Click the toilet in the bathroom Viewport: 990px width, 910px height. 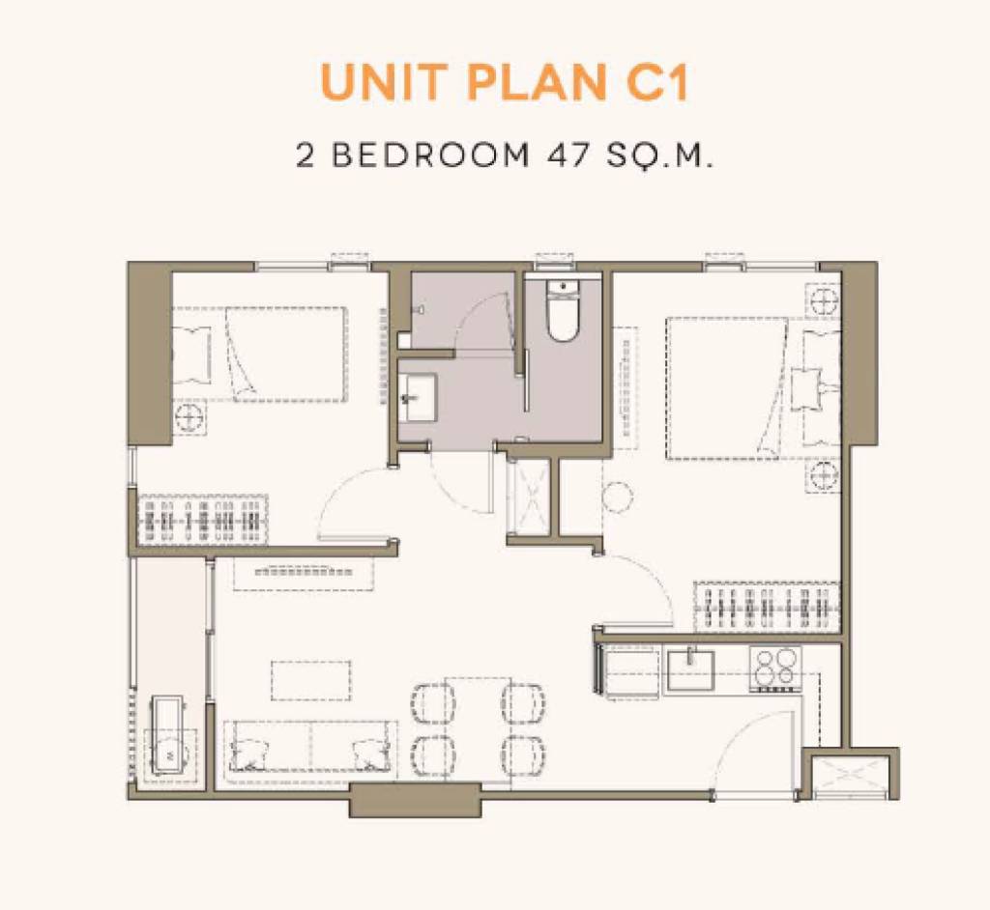coord(562,309)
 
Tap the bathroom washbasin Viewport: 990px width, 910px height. coord(419,397)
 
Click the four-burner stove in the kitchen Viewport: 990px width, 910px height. coord(775,668)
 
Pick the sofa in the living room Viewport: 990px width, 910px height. coord(309,746)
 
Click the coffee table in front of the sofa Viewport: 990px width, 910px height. coord(310,679)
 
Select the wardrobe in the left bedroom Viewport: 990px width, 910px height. coord(203,520)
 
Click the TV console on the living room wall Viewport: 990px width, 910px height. coord(304,571)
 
